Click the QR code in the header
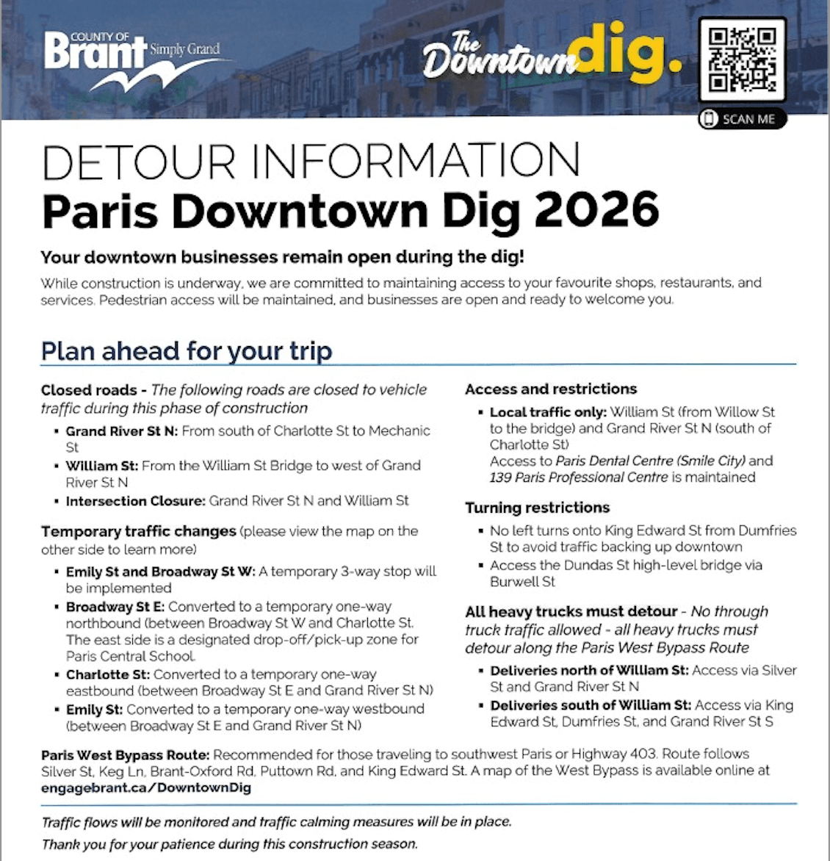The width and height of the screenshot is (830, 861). tap(742, 59)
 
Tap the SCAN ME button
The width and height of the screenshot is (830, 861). tap(742, 119)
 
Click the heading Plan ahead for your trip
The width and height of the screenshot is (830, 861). tap(187, 350)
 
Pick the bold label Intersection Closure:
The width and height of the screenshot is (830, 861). tap(136, 501)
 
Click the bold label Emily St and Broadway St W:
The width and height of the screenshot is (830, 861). tap(160, 572)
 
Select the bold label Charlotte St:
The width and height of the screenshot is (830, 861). tap(108, 674)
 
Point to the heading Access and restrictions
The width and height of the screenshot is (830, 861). tap(551, 389)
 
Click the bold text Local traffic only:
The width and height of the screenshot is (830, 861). tap(548, 412)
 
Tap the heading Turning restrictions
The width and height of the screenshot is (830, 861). tap(538, 508)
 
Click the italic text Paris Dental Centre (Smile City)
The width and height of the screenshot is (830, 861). tap(651, 461)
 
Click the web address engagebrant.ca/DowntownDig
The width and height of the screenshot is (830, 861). tap(146, 788)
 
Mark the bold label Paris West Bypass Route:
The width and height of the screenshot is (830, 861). tap(126, 754)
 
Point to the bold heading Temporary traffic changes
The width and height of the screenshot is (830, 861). tap(139, 531)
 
